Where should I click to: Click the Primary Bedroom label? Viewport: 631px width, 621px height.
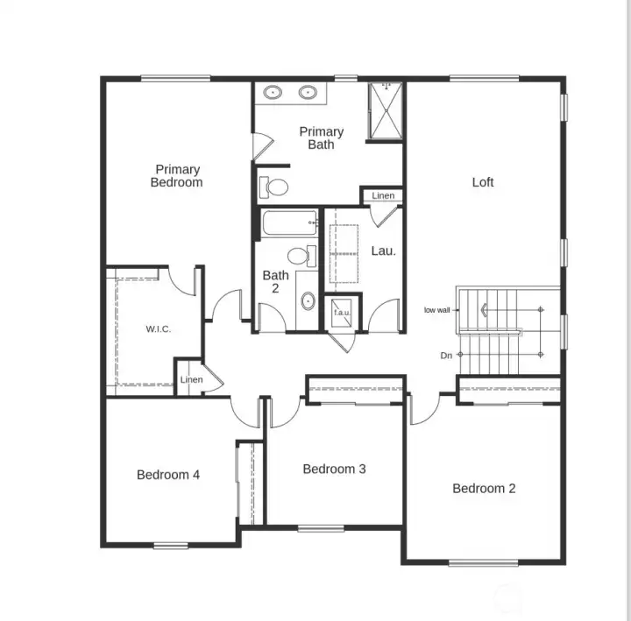click(x=177, y=176)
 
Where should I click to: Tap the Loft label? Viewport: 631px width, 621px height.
click(x=483, y=182)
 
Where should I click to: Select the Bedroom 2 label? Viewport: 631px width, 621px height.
click(x=484, y=488)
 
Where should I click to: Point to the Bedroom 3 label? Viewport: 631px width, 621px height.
click(x=334, y=469)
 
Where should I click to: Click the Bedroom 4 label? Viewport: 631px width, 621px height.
click(x=168, y=475)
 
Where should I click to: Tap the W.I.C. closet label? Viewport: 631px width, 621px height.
click(x=158, y=329)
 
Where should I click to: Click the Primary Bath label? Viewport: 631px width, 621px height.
click(x=321, y=138)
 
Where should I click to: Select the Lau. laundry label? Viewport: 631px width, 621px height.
click(x=383, y=251)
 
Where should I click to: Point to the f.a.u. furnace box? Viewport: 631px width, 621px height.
click(x=340, y=311)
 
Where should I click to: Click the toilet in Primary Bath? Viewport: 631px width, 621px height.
click(x=276, y=187)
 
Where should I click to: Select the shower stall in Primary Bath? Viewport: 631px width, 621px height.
click(x=384, y=110)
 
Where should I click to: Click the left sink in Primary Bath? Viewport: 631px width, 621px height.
click(x=273, y=91)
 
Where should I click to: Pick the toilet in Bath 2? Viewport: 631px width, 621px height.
click(x=301, y=256)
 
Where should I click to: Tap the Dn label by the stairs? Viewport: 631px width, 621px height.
click(x=446, y=356)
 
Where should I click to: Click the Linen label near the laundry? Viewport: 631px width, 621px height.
click(x=382, y=196)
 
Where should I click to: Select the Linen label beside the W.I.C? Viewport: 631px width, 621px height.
click(x=191, y=380)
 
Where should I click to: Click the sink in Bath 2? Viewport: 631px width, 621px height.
click(x=308, y=301)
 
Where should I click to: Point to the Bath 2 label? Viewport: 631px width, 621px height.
click(x=275, y=281)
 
